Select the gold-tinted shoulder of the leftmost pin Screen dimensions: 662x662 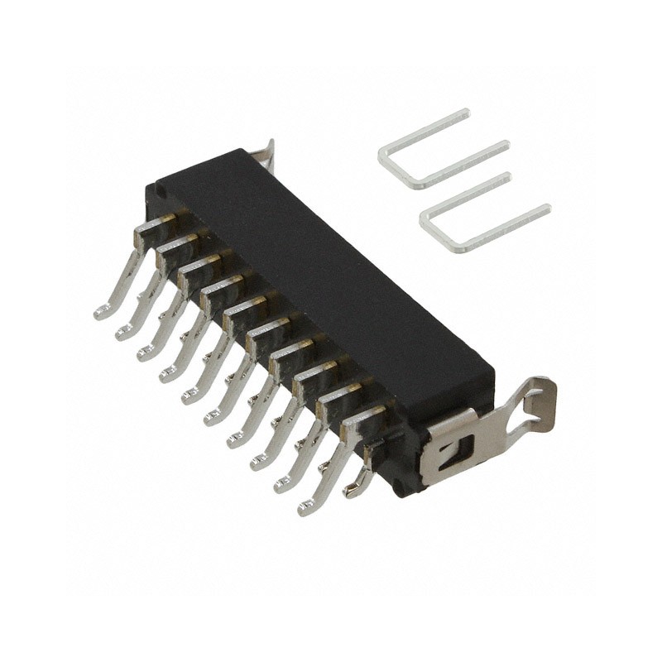(x=165, y=219)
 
